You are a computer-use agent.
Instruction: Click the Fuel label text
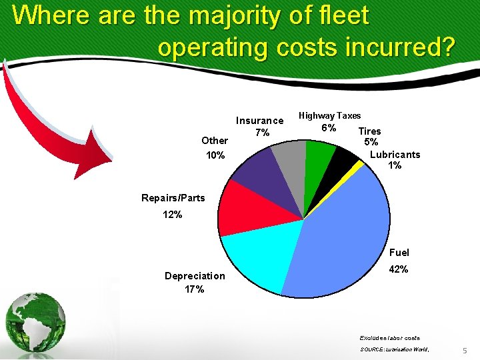pyautogui.click(x=399, y=253)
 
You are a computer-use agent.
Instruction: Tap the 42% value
pyautogui.click(x=398, y=269)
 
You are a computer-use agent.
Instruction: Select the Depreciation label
pyautogui.click(x=195, y=276)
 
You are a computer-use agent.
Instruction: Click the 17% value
pyautogui.click(x=195, y=289)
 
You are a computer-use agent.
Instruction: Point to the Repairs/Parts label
pyautogui.click(x=173, y=198)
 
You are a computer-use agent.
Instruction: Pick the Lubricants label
pyautogui.click(x=395, y=155)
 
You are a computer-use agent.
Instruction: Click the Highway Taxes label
pyautogui.click(x=329, y=116)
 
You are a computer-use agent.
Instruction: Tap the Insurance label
pyautogui.click(x=260, y=121)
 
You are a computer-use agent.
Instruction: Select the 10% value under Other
pyautogui.click(x=215, y=155)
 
